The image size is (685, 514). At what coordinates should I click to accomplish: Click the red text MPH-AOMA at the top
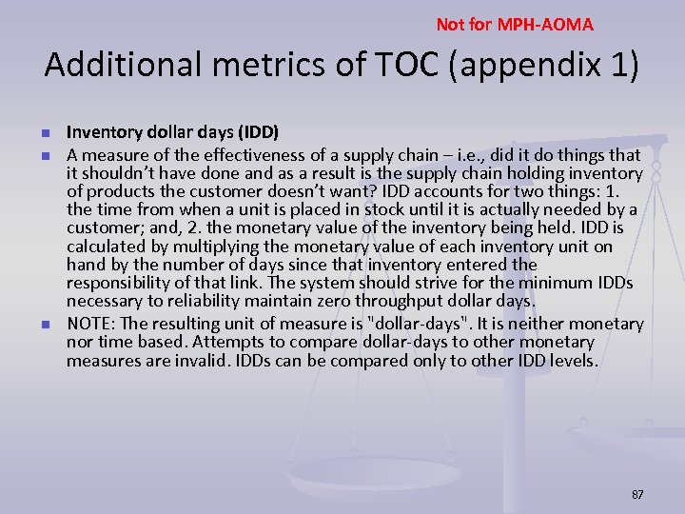click(x=552, y=24)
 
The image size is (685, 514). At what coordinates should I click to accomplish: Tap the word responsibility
click(x=120, y=283)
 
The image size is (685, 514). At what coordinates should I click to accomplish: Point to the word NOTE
click(x=88, y=323)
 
